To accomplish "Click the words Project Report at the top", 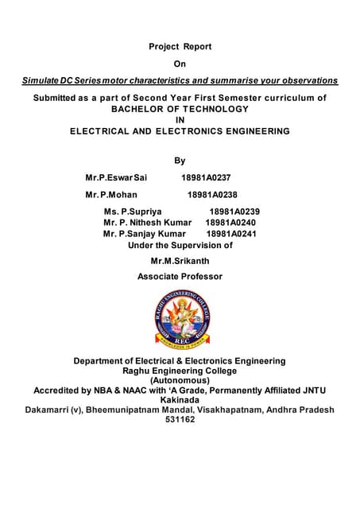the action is pos(180,47).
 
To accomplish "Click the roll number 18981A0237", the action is pos(206,177).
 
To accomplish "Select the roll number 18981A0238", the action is pos(212,194).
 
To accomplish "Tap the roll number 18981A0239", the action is pos(234,212).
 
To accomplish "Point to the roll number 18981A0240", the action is pos(230,223).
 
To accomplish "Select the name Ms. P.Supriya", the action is pos(133,212).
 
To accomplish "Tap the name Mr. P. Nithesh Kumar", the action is pos(148,223).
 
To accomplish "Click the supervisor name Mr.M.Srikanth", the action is pos(180,261).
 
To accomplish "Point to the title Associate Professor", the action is pos(180,277).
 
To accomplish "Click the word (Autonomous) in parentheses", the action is pos(180,380).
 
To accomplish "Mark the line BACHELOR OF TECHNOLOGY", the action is pos(180,109).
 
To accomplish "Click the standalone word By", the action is pos(180,161).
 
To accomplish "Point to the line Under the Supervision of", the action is pos(180,246).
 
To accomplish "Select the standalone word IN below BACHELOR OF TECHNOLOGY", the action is pos(180,120).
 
